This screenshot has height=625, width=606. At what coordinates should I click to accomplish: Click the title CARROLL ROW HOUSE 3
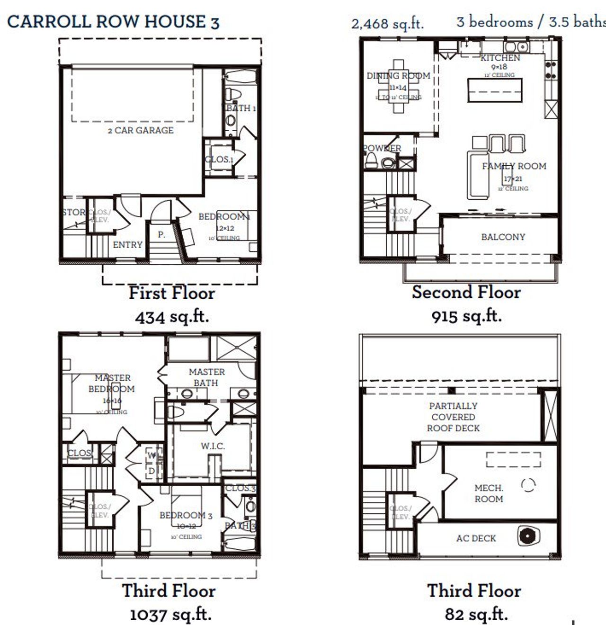[x=113, y=22]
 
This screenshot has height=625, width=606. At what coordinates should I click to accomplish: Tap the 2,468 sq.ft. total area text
[x=387, y=24]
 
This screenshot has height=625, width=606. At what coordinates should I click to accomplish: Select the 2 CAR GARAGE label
[x=141, y=130]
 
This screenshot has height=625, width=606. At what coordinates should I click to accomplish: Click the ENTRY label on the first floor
[x=127, y=244]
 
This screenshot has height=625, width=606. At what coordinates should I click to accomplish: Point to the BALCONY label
[x=503, y=237]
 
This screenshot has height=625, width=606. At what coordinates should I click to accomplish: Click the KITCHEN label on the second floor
[x=500, y=58]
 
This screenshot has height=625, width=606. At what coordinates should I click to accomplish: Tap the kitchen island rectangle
[x=495, y=90]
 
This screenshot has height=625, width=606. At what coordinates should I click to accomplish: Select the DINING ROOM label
[x=398, y=76]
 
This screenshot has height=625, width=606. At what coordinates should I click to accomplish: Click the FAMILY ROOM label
[x=514, y=166]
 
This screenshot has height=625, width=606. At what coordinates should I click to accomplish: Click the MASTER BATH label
[x=206, y=377]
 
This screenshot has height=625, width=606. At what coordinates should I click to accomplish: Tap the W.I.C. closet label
[x=213, y=446]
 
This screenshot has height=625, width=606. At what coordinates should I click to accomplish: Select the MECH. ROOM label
[x=489, y=493]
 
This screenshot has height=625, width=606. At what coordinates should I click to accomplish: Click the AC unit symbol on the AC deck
[x=526, y=536]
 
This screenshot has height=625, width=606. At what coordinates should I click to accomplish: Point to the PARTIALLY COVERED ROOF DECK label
[x=453, y=417]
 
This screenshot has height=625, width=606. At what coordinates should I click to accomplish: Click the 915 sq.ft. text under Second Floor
[x=466, y=316]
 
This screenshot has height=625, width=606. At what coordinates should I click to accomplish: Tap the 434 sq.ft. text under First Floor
[x=172, y=316]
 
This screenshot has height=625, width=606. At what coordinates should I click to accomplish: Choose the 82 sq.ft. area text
[x=476, y=614]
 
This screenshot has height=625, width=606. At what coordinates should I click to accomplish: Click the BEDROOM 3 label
[x=186, y=515]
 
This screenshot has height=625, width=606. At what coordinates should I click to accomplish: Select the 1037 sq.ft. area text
[x=170, y=615]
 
